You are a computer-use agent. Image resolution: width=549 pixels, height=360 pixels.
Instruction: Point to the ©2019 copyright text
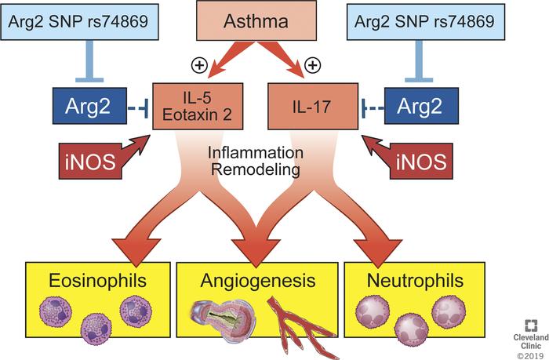point(529,352)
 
